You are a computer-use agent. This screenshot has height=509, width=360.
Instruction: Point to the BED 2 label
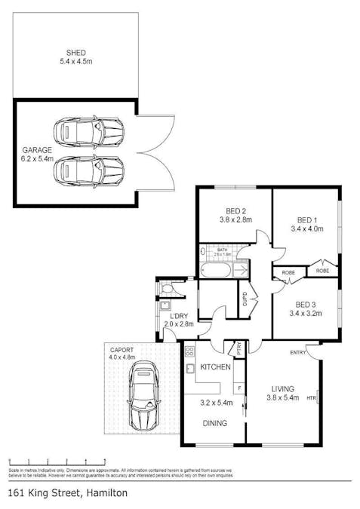point(235,216)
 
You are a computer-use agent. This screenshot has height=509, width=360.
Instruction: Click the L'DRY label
point(180,320)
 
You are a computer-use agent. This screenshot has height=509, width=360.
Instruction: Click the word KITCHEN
point(214,367)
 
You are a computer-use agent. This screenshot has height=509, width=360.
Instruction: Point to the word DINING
point(214,424)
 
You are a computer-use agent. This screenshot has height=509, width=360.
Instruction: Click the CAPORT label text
point(122,351)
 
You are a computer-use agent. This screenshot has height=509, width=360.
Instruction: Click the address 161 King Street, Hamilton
point(67,492)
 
